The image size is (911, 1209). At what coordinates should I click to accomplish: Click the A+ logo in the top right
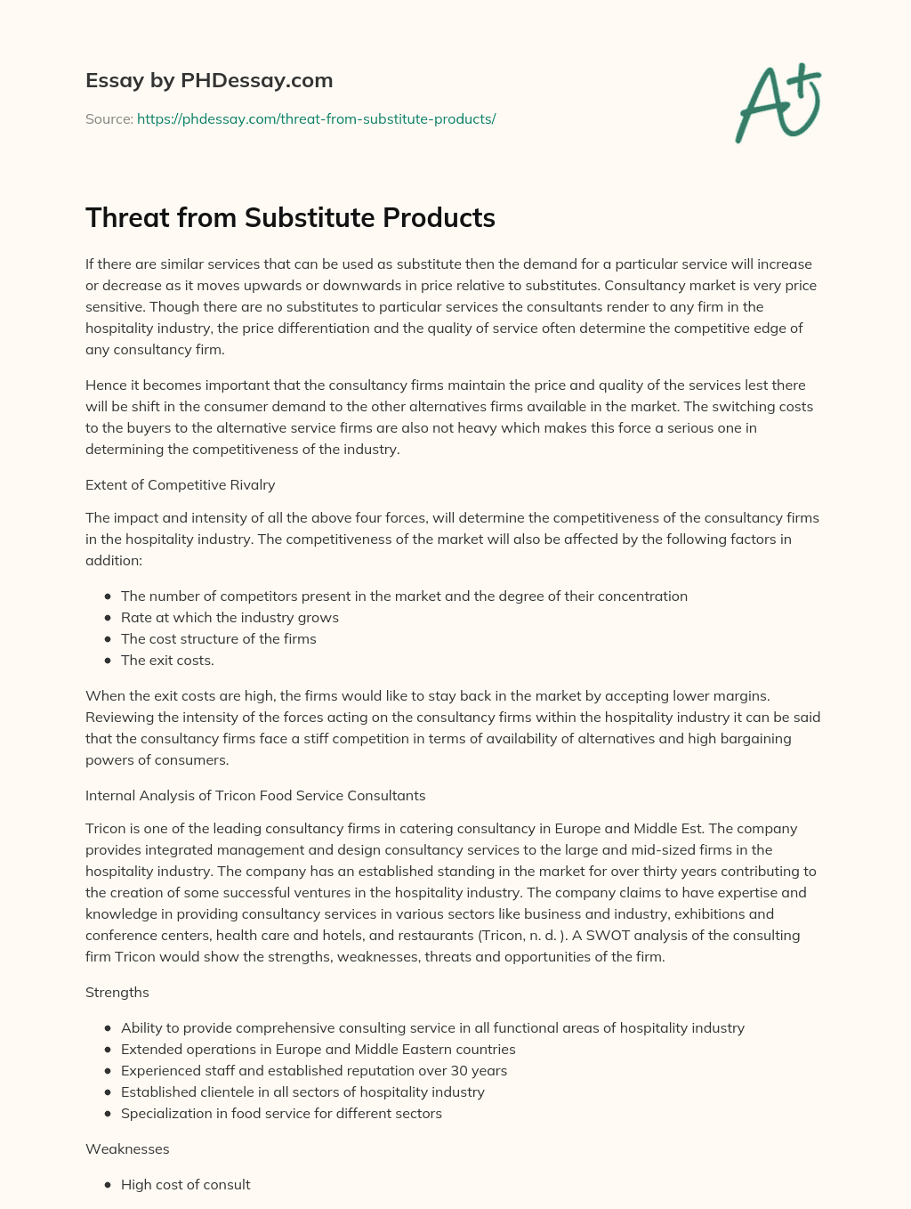[778, 102]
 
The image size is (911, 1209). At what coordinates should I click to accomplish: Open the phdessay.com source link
[316, 118]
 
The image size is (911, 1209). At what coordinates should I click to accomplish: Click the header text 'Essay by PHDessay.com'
[209, 80]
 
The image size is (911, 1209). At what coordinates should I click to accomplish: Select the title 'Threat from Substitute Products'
[290, 217]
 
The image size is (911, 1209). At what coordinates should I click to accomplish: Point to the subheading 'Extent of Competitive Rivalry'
[180, 484]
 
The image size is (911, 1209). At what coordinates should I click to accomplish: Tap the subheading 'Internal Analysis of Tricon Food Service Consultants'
[255, 795]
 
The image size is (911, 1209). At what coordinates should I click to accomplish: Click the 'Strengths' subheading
[117, 992]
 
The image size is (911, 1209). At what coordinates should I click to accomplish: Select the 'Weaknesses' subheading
[127, 1148]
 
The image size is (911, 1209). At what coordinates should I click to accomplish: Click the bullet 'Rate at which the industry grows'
[230, 617]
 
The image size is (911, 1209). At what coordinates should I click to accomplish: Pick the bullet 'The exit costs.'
[167, 660]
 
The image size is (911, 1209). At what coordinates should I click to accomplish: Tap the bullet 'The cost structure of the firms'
[218, 638]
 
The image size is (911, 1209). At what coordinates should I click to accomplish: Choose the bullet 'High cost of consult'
[185, 1184]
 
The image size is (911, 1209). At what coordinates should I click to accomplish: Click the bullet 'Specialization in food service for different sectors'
[281, 1113]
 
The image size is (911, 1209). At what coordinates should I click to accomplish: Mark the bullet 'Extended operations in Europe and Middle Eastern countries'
[318, 1049]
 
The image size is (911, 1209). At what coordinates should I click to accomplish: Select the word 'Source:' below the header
[109, 118]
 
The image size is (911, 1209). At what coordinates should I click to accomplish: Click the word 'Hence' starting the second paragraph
[105, 385]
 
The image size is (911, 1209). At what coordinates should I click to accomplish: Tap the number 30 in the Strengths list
[460, 1070]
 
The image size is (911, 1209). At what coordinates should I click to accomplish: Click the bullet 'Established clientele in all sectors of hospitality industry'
[302, 1091]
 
